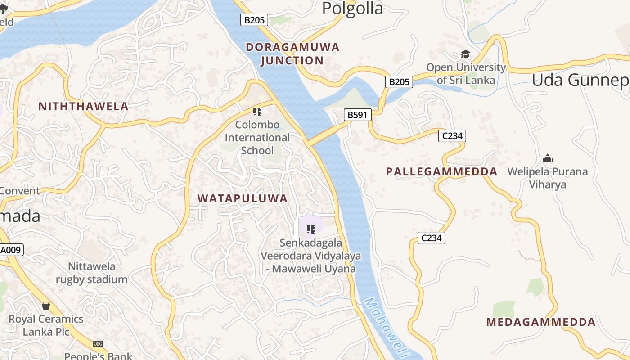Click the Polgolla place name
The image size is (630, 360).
(352, 8)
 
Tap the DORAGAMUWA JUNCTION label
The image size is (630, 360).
(292, 54)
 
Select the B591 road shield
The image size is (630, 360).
(358, 115)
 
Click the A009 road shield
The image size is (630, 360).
(11, 250)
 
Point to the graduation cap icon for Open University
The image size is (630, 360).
(465, 54)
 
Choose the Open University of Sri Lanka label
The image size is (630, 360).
(466, 74)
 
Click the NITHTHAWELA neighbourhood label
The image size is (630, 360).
(84, 107)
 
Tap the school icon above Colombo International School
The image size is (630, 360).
(257, 111)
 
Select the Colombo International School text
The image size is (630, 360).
(257, 137)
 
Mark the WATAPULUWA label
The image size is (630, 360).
(243, 198)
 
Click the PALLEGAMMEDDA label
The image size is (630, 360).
(442, 171)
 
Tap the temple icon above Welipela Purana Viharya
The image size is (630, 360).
(548, 158)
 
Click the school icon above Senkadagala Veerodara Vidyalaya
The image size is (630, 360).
(310, 229)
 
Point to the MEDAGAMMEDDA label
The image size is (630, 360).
(541, 322)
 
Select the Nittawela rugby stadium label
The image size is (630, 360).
(92, 273)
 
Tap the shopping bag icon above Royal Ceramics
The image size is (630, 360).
(46, 306)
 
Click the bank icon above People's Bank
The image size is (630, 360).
(98, 344)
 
